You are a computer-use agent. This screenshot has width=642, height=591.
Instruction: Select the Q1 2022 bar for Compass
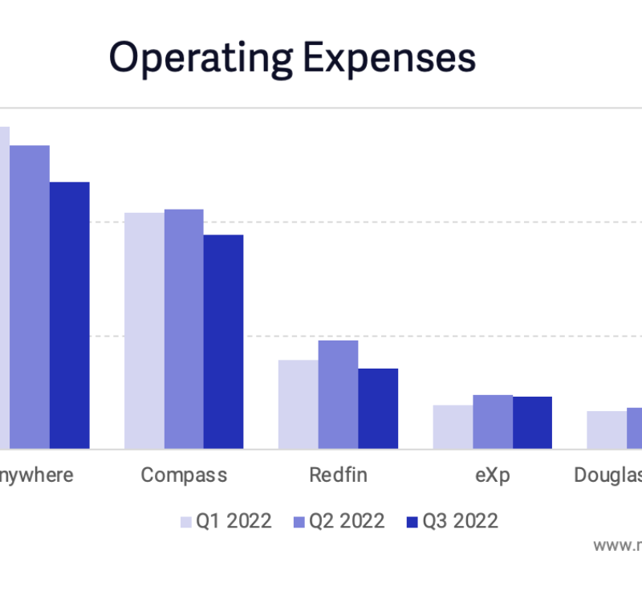coord(144,330)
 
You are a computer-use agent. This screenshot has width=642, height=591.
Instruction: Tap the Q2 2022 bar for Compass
coord(184,328)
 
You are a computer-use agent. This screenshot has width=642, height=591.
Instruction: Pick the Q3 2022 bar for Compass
coord(223,341)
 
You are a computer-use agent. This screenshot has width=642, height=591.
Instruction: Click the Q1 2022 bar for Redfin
coord(299,404)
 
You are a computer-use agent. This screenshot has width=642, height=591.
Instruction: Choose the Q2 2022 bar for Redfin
coord(338,394)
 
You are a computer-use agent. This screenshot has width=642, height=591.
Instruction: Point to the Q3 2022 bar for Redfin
coord(377,408)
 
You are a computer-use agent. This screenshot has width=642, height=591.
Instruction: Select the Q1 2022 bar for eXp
coord(453,426)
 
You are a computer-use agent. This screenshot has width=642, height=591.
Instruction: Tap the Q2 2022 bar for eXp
coord(492,422)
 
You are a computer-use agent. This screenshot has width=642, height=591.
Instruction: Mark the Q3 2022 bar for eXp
coord(532,422)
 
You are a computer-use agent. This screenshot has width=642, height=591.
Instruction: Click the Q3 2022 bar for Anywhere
coord(70,315)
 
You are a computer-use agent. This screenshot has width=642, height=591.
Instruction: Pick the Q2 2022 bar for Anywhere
coord(30,296)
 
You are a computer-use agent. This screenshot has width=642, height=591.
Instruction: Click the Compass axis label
coord(184,475)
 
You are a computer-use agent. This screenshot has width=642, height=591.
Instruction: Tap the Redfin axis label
coord(338,475)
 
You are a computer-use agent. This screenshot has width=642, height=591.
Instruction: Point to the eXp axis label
coord(492,475)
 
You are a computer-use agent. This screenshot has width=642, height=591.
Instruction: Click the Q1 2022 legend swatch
coord(185,522)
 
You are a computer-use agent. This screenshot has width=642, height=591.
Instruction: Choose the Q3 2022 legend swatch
coord(412,522)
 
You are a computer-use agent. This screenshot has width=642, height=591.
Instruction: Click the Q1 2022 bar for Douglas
coord(607,430)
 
